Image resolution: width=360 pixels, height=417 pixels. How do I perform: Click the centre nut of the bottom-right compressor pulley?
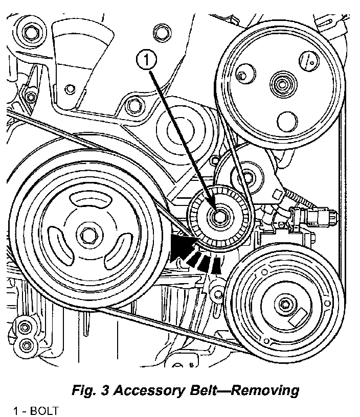tap(283, 306)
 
